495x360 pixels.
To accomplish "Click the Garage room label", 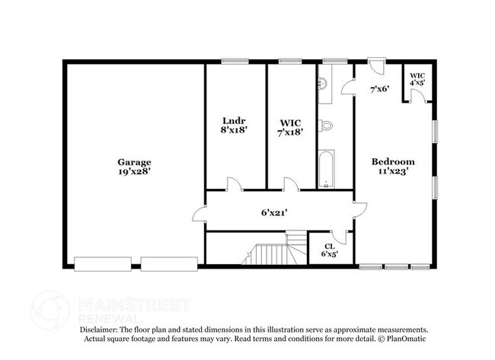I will point(133,161).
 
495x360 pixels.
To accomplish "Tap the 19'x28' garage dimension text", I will point(133,172).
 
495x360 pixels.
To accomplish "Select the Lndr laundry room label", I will point(234,121).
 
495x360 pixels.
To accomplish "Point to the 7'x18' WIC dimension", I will point(292,131).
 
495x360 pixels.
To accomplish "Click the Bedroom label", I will point(393,161).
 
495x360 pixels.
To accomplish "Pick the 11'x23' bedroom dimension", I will point(393,172).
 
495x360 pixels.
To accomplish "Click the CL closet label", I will point(330,246).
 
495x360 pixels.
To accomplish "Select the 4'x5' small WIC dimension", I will point(417,81).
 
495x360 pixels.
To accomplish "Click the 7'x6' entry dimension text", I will point(379,89).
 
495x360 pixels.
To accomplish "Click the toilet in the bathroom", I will point(326,123).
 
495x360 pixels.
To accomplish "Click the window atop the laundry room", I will point(232,61).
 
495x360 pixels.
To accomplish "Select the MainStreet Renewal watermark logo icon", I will point(52,307).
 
